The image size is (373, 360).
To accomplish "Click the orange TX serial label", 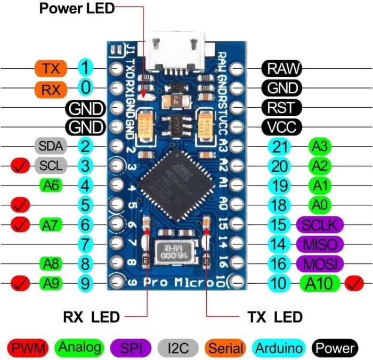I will pos(51,68).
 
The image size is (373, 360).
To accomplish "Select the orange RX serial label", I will pos(51,89).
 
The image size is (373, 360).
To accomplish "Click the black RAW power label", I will pos(282,68).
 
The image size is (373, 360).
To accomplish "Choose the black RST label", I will pos(282,107).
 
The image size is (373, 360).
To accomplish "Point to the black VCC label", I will pos(282,127).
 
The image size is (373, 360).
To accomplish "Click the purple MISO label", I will pos(320,244).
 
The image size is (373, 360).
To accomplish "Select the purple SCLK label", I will pos(320,225).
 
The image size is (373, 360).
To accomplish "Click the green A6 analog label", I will pos(51,185).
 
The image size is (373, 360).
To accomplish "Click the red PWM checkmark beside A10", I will pos(355,283).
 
